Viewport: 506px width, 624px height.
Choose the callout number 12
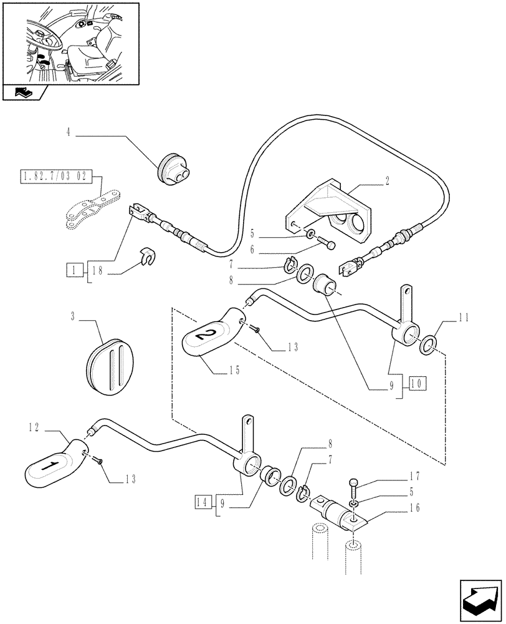click(x=33, y=428)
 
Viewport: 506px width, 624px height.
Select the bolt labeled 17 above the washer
click(x=354, y=483)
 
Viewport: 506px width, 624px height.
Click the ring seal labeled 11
click(x=429, y=345)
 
